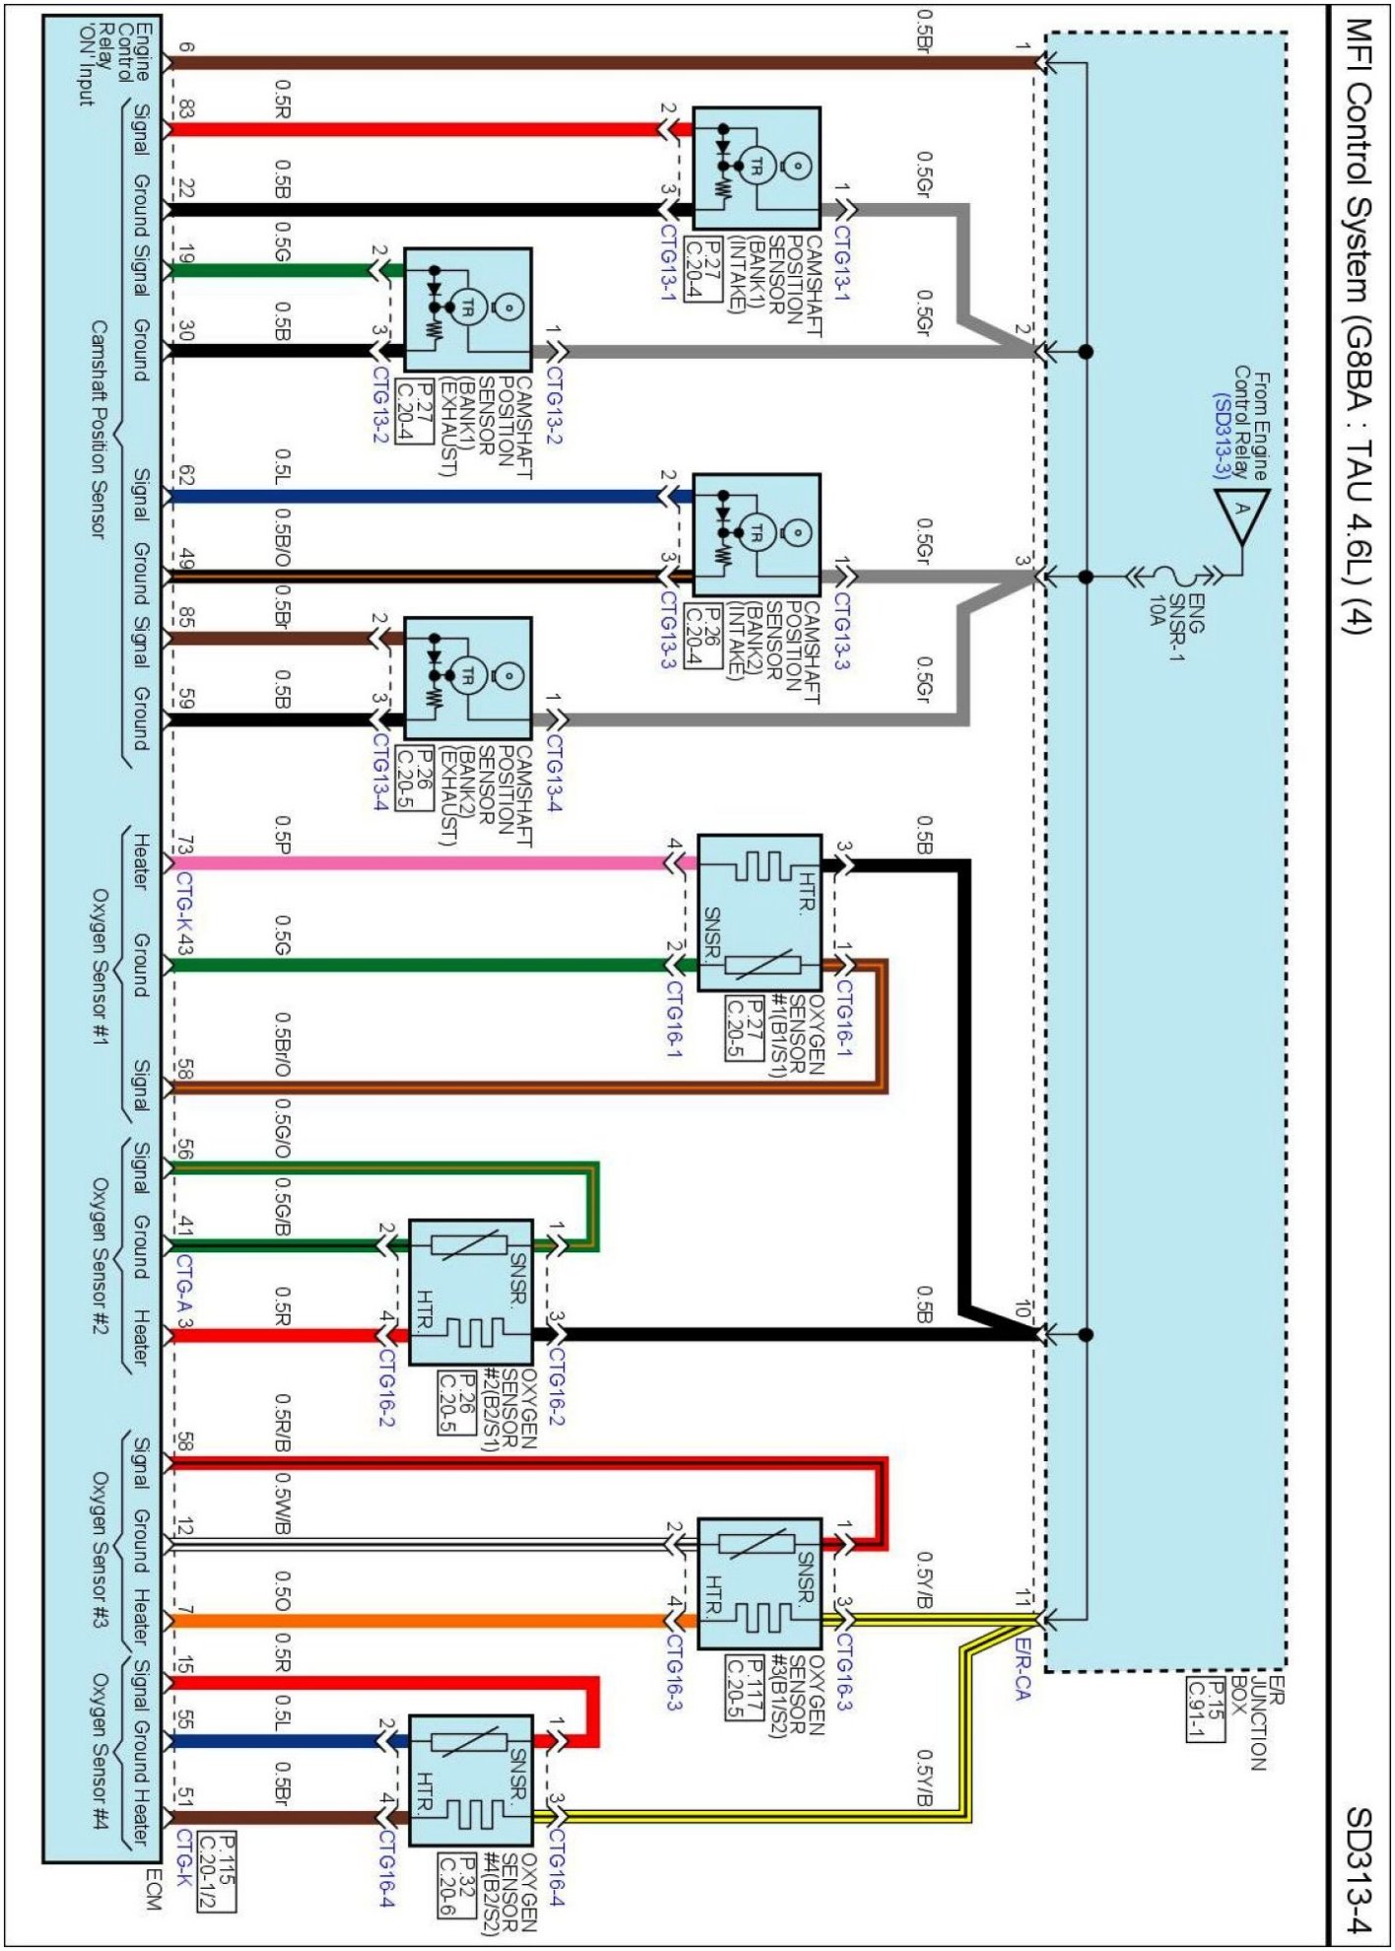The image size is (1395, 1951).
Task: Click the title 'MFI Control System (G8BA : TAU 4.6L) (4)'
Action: [1359, 325]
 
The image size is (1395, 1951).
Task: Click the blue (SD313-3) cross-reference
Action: [1223, 435]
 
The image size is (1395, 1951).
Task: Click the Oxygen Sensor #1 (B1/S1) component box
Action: [759, 912]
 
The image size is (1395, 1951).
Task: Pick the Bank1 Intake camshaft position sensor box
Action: [757, 168]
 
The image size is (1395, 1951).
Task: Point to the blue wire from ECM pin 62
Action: [414, 497]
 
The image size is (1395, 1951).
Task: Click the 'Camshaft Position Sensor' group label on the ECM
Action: [99, 429]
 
